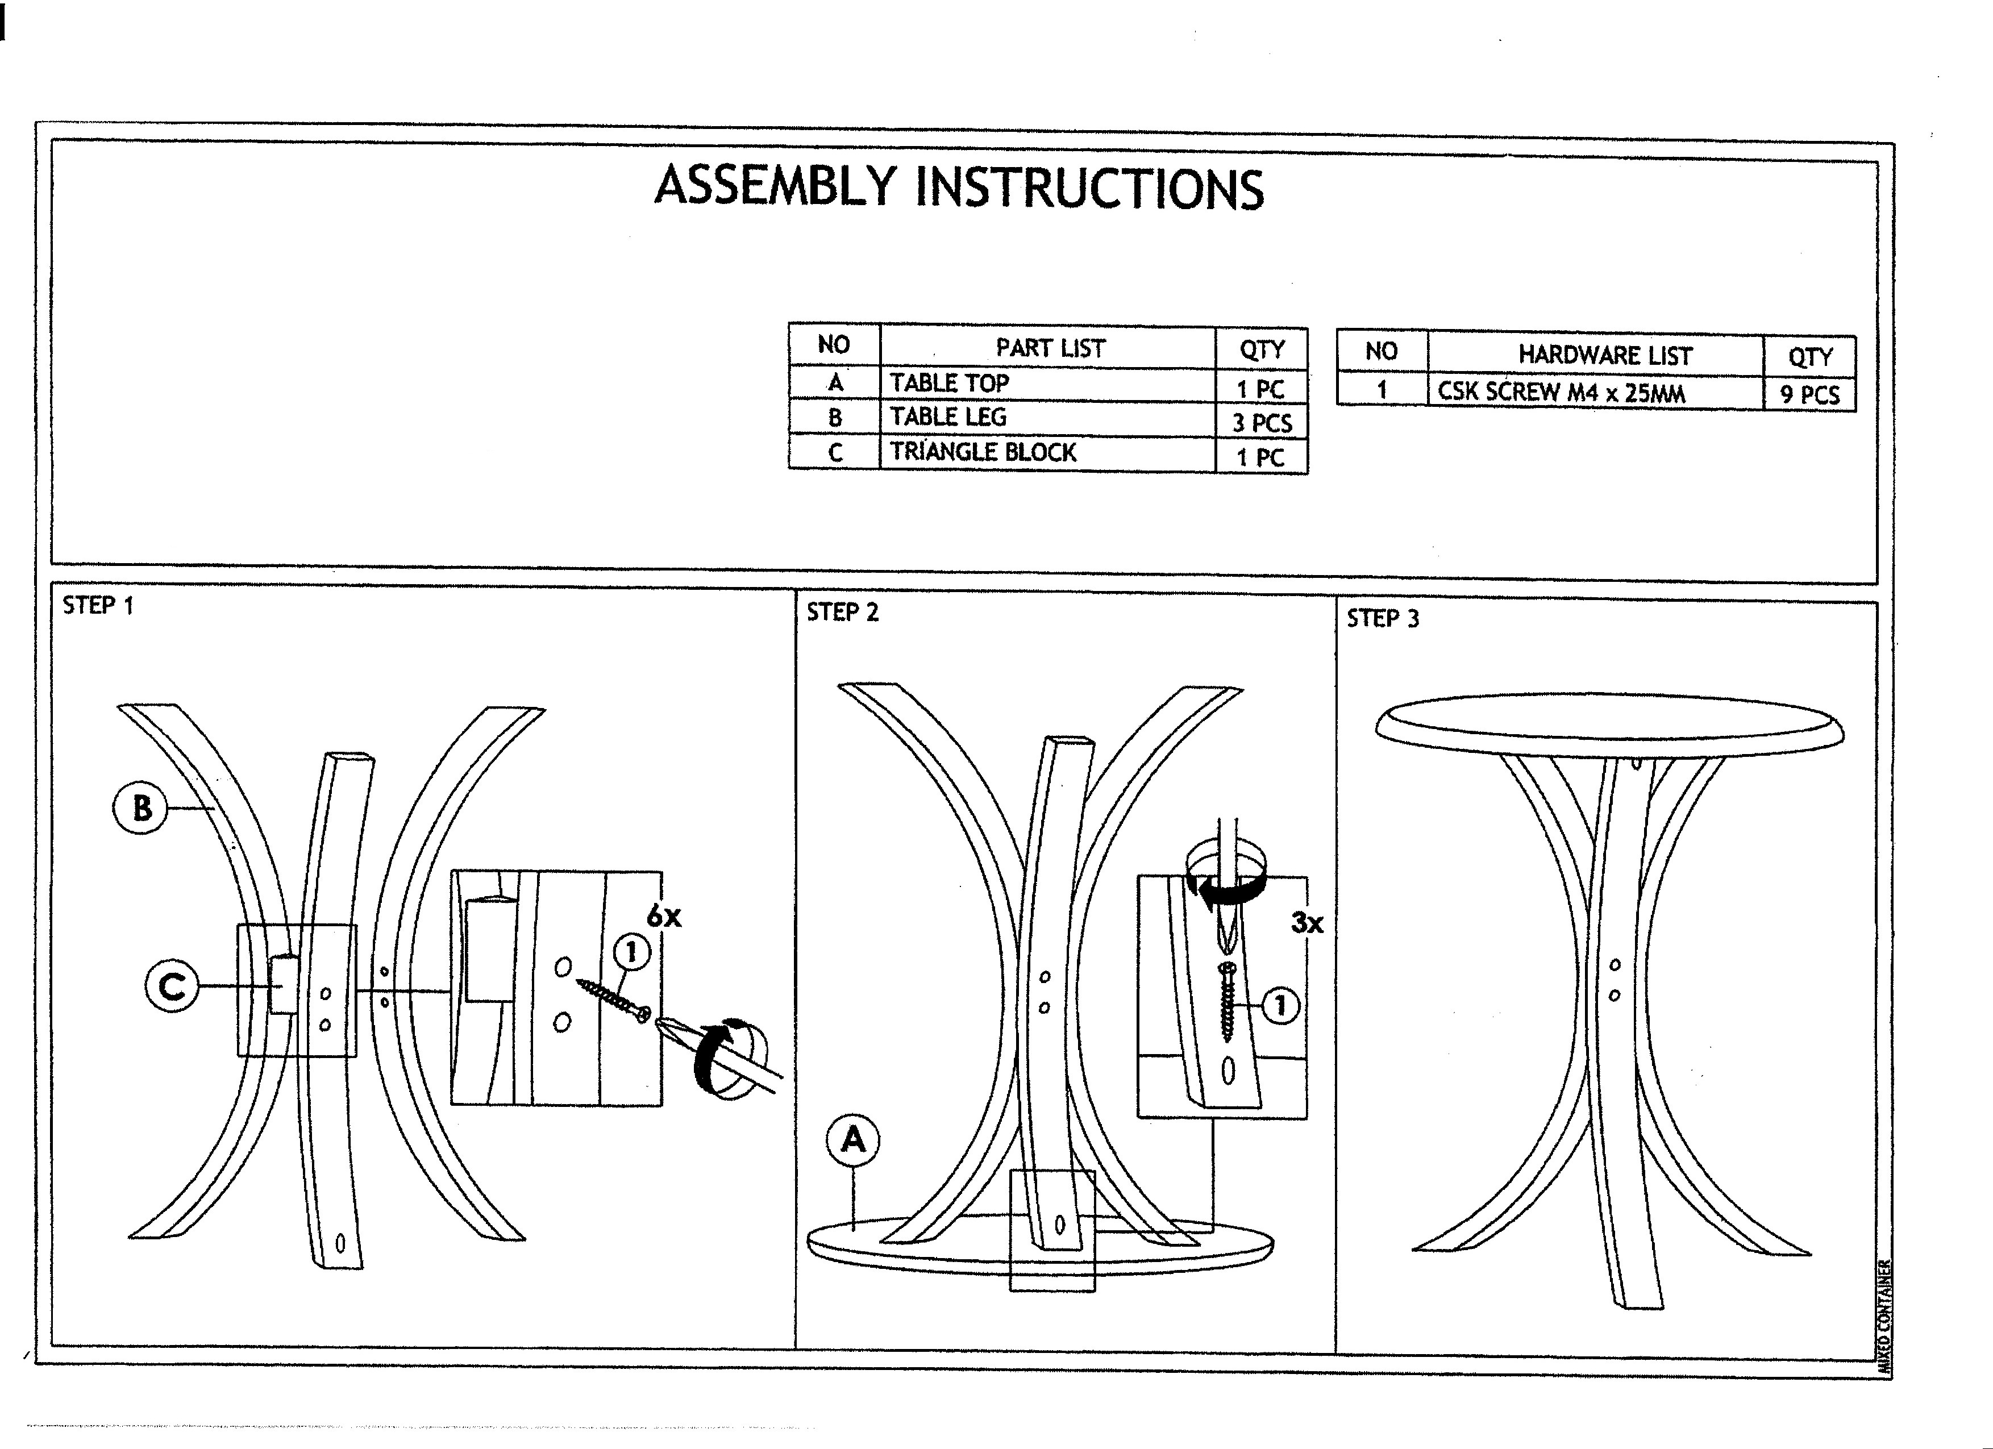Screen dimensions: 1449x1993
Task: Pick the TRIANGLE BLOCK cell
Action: (x=983, y=452)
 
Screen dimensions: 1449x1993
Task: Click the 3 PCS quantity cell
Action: (x=1262, y=423)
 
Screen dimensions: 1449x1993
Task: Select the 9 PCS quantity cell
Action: (x=1809, y=394)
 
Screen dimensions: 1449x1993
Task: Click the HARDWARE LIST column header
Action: (x=1605, y=355)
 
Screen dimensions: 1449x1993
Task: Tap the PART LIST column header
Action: (x=1050, y=348)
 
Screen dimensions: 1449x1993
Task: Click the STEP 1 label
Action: (x=98, y=605)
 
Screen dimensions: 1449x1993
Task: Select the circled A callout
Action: (x=852, y=1140)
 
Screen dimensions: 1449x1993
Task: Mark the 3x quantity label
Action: (x=1307, y=923)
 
